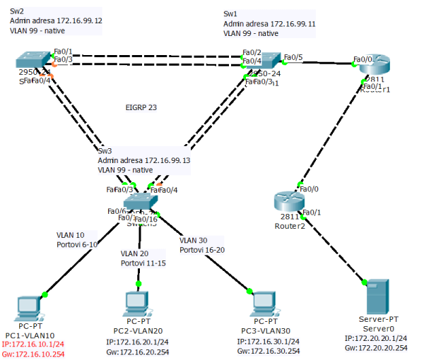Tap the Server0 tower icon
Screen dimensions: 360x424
point(376,296)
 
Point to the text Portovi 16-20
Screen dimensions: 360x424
point(201,250)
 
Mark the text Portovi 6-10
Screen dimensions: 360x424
point(78,244)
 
